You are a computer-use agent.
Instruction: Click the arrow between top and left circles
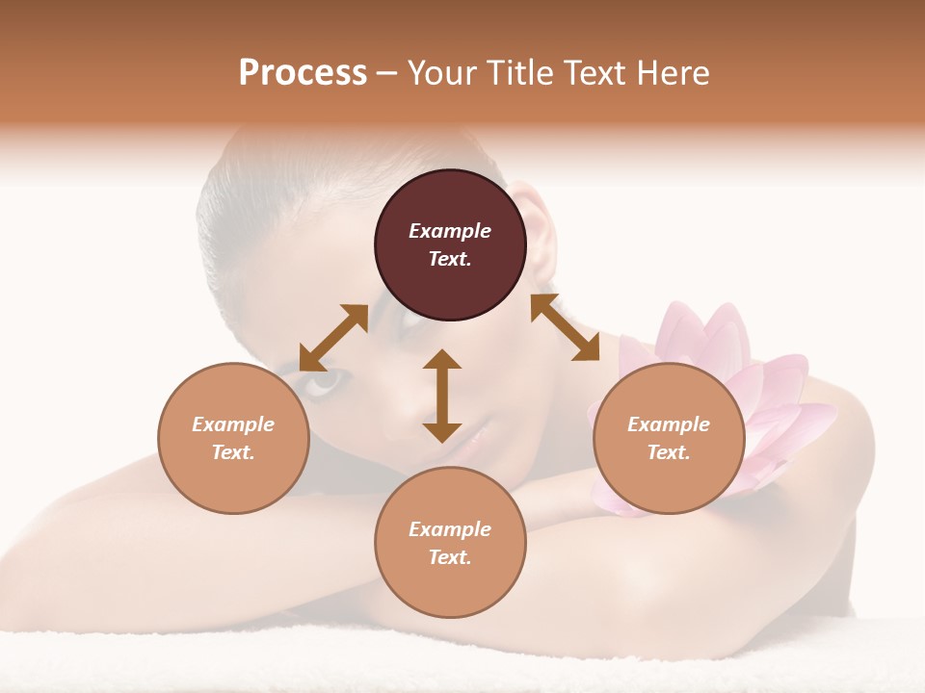click(x=333, y=338)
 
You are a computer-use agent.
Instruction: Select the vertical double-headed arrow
click(x=442, y=396)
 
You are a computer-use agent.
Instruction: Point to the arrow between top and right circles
click(x=565, y=327)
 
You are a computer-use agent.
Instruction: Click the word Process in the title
click(x=303, y=73)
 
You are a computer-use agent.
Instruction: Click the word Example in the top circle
click(x=450, y=231)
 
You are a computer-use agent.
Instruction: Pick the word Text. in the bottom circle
click(x=450, y=557)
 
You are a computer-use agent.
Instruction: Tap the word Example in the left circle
click(x=233, y=424)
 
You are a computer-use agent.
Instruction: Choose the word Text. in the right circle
click(x=669, y=452)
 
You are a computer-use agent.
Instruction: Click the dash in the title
click(x=387, y=73)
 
